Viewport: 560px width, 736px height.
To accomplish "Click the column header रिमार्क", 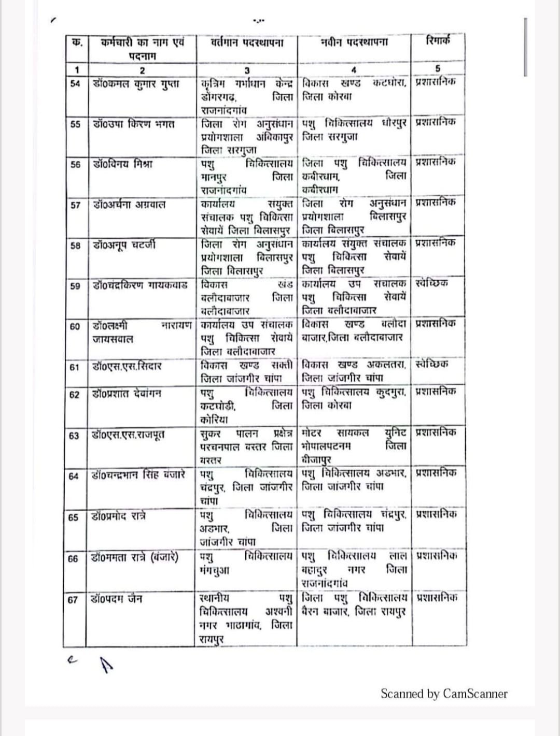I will point(438,40).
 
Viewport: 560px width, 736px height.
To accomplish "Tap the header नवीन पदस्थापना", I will point(355,42).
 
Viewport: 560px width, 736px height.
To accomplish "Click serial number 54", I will point(76,84).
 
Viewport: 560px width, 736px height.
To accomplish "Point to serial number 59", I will point(76,286).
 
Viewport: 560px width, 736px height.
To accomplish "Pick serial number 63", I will point(75,436).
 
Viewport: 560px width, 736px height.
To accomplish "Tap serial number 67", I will point(73,600).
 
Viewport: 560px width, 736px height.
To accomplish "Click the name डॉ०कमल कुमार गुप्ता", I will point(136,83).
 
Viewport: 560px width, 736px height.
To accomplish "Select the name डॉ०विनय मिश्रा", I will point(123,164).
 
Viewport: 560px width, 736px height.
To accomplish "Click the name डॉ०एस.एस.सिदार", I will point(127,366).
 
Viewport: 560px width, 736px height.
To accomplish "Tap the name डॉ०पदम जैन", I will point(117,599).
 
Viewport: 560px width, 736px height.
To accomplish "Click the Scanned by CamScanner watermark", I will point(444,694).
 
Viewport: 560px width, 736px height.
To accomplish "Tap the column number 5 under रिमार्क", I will point(438,69).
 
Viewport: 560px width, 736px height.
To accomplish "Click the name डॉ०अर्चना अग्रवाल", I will point(130,205).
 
